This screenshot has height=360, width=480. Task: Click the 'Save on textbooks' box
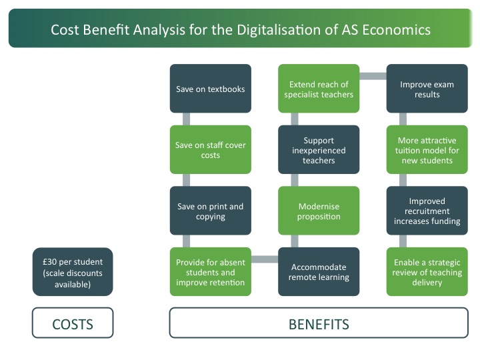point(210,89)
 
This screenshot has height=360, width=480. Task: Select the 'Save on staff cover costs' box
point(210,150)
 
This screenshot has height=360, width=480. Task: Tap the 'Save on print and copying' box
point(210,211)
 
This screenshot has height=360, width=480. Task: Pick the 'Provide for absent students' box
point(210,272)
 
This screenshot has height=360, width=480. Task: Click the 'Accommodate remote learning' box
point(319,272)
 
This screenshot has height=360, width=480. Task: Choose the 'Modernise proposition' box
point(319,211)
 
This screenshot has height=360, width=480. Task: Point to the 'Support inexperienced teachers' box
point(319,150)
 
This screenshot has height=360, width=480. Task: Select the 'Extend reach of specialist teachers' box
point(319,89)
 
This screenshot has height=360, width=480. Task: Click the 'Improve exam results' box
point(427,89)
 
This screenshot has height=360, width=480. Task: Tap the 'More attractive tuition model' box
point(427,150)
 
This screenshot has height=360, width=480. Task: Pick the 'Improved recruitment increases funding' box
point(427,211)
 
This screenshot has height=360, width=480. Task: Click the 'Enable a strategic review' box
point(427,272)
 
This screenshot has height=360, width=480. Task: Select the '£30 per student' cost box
point(73,272)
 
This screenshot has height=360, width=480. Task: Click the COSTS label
point(73,323)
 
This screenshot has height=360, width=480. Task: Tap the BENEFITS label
point(319,323)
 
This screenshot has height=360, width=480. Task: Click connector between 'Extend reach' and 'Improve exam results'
point(373,76)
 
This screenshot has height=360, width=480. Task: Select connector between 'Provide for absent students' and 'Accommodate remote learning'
point(265,259)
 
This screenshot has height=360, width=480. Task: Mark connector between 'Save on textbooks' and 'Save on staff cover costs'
point(186,119)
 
